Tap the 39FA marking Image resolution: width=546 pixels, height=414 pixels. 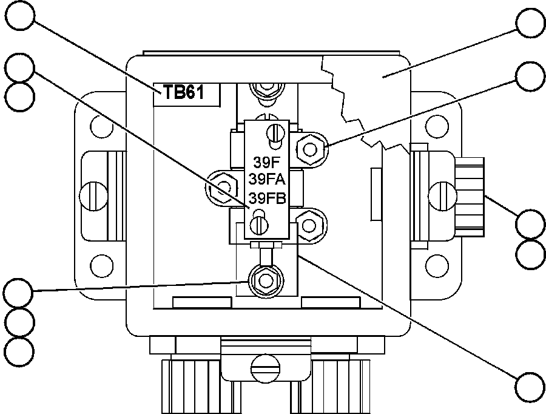point(267,180)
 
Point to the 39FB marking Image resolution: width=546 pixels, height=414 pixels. point(267,197)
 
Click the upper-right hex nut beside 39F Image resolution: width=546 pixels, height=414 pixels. point(311,146)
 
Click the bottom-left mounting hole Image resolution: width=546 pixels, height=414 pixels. point(101,265)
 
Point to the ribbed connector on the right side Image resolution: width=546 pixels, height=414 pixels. point(470,196)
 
